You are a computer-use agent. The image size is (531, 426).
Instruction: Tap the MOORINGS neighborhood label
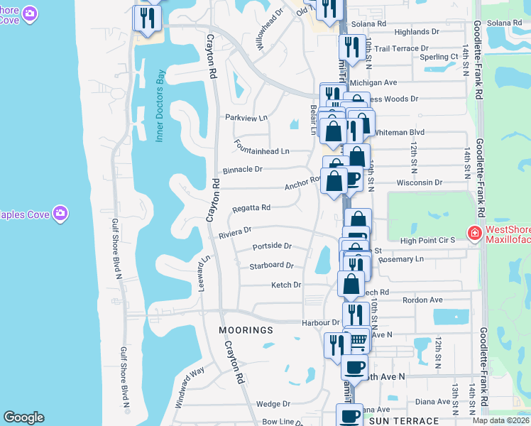point(246,330)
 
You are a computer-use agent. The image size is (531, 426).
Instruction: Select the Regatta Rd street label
point(251,208)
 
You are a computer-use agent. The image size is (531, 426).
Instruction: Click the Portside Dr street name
point(273,246)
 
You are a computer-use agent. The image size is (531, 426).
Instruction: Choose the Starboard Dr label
point(271,266)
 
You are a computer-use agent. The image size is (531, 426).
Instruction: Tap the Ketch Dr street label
point(286,285)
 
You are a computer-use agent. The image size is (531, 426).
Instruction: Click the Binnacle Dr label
point(243,170)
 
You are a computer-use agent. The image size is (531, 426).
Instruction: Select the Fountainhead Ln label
point(262,151)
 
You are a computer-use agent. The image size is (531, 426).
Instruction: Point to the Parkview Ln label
point(246,117)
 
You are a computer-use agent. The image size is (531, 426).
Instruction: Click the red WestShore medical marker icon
point(473,232)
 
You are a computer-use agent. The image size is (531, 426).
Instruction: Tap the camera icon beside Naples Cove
point(61,212)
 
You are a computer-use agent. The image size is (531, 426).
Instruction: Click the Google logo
point(23,417)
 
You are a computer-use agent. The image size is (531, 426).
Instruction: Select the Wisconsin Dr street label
point(419,182)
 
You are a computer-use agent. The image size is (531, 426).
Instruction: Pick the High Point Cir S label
point(427,241)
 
